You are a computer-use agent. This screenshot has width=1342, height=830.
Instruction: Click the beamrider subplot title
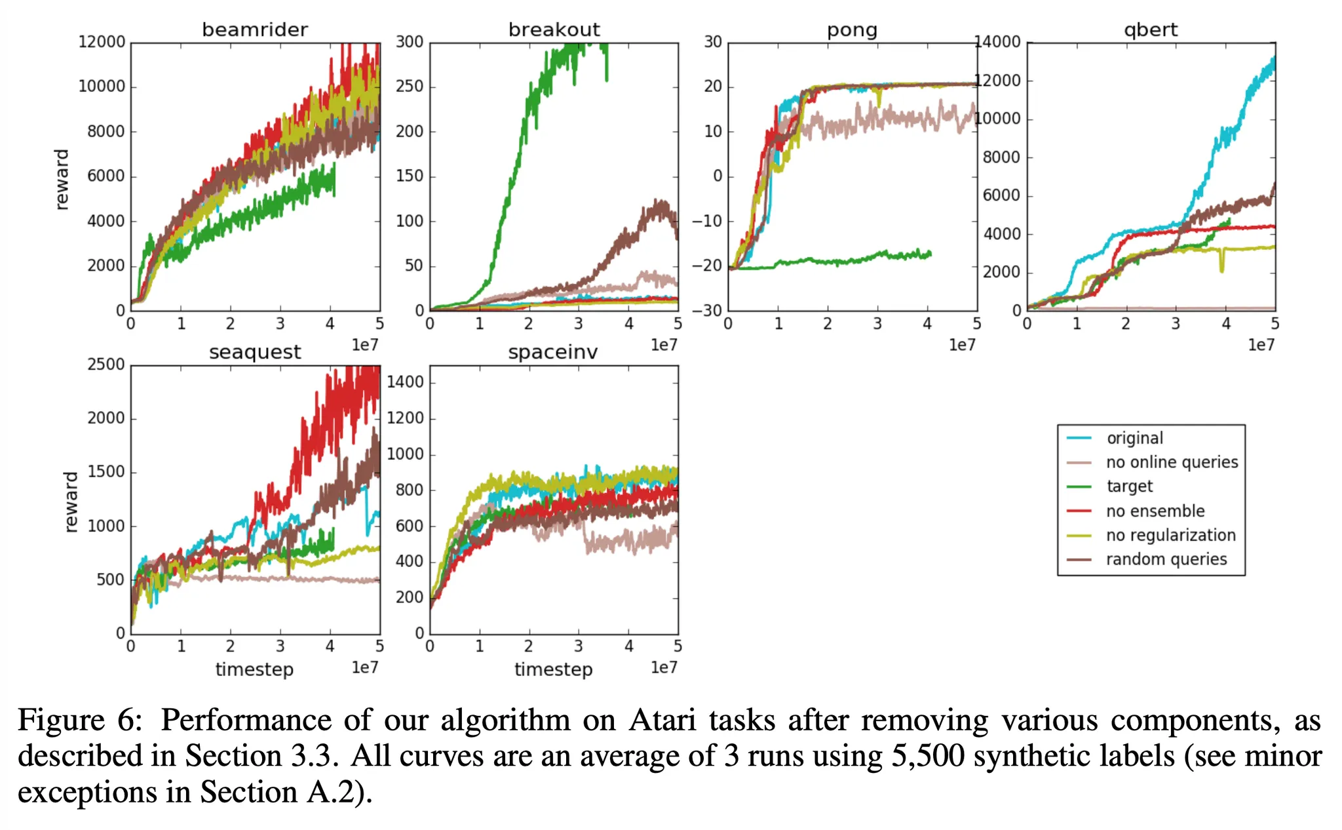pos(255,30)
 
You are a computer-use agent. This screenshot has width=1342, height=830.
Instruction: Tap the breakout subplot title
pos(554,30)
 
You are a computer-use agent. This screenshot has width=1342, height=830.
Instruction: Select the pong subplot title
pos(852,30)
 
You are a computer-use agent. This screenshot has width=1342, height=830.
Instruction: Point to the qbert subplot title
pos(1151,30)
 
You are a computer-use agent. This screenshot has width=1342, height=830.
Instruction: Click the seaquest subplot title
pos(255,352)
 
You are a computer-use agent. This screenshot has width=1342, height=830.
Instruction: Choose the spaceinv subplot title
pos(553,352)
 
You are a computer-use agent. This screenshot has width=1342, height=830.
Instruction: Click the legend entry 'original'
pos(1134,438)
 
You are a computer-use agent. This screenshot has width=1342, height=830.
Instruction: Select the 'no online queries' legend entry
pos(1172,462)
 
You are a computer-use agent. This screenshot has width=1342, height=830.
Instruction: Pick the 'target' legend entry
pos(1130,486)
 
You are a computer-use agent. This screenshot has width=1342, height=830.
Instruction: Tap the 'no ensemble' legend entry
pos(1155,511)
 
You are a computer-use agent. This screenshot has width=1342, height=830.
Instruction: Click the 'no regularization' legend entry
pos(1170,535)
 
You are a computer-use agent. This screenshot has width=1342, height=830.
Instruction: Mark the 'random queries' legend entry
pos(1166,559)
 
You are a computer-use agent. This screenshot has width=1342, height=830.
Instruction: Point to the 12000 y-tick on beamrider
pos(102,42)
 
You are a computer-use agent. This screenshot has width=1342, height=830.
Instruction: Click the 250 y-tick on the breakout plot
pos(410,87)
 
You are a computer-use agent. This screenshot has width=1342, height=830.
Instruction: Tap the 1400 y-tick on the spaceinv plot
pos(405,382)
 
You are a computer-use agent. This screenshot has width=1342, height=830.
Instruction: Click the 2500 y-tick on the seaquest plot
pos(106,365)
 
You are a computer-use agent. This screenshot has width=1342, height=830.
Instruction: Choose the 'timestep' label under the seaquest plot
pos(254,669)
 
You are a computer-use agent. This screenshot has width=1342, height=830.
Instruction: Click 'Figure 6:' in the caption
pos(80,720)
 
